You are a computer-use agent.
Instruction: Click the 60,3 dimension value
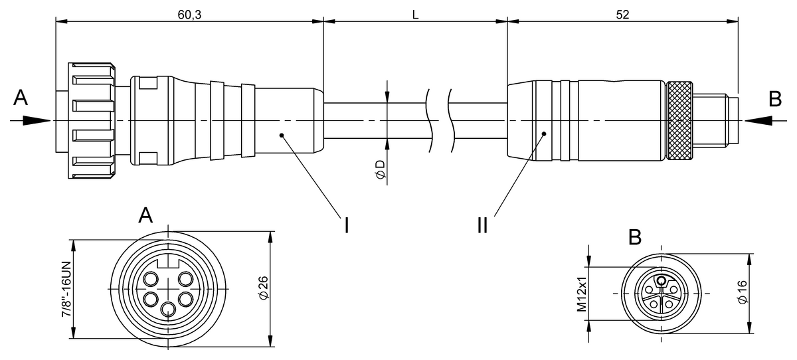click(190, 14)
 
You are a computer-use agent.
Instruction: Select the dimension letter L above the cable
click(415, 14)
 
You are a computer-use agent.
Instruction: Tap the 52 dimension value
click(622, 14)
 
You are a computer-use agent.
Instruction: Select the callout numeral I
click(346, 225)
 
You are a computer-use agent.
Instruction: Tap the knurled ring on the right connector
click(679, 122)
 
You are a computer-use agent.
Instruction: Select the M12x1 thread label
click(582, 294)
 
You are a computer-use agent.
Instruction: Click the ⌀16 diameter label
click(742, 293)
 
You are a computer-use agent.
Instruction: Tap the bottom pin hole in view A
click(169, 308)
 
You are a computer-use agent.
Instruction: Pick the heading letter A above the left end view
click(146, 215)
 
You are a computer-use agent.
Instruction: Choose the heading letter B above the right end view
click(635, 236)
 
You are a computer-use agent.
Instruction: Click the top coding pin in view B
click(662, 280)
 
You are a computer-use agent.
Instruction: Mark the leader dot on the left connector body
click(282, 135)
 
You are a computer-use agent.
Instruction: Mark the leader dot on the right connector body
click(543, 134)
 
